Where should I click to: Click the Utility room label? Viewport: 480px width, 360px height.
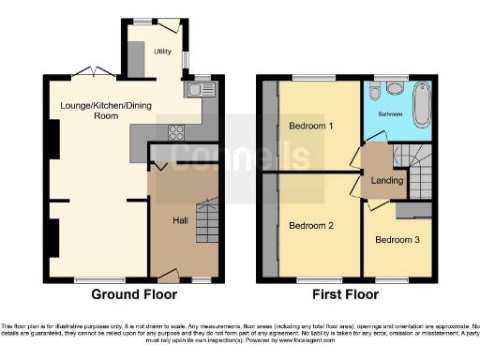tap(162, 52)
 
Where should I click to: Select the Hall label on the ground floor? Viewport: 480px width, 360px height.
tap(182, 221)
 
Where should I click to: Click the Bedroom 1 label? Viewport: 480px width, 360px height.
tap(310, 126)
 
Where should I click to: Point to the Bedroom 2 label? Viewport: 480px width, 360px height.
tap(310, 226)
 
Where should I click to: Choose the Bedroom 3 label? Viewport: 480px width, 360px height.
tap(397, 239)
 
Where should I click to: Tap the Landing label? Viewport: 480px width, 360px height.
tap(382, 182)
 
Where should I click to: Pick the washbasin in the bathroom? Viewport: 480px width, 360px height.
tap(395, 89)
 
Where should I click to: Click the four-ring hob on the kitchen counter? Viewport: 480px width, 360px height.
tap(174, 132)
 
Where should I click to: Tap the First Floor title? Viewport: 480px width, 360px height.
tap(347, 294)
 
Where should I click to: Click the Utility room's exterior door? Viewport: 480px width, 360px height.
tap(169, 25)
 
